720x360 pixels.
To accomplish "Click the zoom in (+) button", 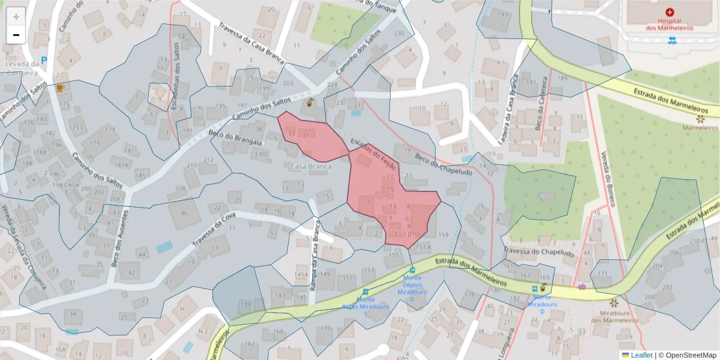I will (16, 16).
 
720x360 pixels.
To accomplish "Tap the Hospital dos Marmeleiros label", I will (669, 24).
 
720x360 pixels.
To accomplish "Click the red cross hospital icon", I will (670, 12).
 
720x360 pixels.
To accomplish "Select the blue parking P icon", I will (44, 61).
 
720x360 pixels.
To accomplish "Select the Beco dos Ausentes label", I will (119, 238).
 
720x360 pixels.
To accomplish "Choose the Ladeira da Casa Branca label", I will (508, 112).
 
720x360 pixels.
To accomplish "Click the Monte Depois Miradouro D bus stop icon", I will (412, 270).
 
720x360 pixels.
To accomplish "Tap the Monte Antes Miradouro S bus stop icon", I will (366, 292).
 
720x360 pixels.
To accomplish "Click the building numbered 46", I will (184, 212).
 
